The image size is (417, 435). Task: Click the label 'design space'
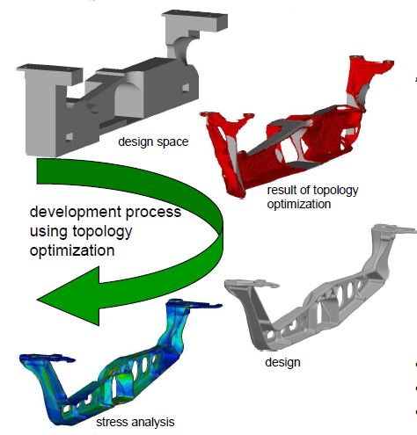tap(153, 141)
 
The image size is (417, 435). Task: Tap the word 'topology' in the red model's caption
tap(334, 191)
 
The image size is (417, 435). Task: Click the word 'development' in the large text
tap(76, 213)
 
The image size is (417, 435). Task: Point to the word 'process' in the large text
tap(153, 213)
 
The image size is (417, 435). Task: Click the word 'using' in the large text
tap(48, 232)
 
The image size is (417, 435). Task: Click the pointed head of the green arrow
tap(38, 300)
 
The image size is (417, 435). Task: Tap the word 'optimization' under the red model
tap(299, 204)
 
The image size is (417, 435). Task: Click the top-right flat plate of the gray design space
tap(195, 20)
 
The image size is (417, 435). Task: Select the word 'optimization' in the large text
tap(72, 251)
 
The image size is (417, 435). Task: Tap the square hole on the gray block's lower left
tap(69, 137)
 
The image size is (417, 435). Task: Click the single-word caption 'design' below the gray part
tap(282, 363)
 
